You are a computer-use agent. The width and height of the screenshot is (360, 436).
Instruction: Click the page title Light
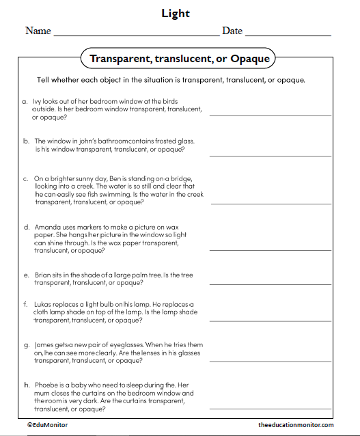[x=176, y=13]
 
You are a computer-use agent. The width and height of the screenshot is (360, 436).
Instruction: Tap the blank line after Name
[x=136, y=34]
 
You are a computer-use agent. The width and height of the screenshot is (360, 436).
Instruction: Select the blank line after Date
[x=288, y=34]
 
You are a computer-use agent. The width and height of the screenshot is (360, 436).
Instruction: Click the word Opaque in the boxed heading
[x=250, y=59]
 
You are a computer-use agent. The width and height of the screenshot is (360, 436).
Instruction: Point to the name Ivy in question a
[x=37, y=100]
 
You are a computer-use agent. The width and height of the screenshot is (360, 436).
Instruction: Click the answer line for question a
[x=270, y=115]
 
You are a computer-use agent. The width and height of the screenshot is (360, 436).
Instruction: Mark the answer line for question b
[x=270, y=156]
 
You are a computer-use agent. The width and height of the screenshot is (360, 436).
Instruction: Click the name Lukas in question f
[x=44, y=303]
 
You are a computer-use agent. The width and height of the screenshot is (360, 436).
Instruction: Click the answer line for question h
[x=270, y=409]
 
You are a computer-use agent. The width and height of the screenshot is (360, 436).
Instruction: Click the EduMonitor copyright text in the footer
[x=48, y=425]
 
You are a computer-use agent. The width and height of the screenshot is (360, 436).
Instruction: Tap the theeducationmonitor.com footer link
[x=296, y=425]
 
